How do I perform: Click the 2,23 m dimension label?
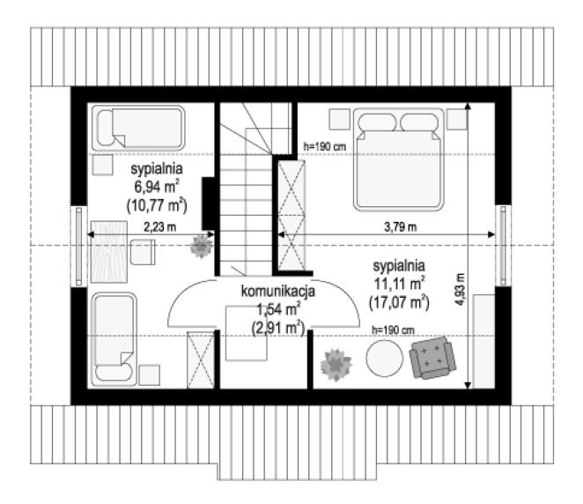(160, 226)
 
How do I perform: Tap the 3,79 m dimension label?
(400, 226)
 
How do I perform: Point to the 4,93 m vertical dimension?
(460, 289)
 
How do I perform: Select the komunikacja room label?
(278, 291)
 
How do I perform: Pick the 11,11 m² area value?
(399, 284)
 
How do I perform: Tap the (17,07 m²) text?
(399, 302)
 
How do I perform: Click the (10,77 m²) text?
(157, 205)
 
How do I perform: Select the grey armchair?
(432, 358)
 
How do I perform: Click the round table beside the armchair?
(385, 359)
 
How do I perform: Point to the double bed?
(399, 159)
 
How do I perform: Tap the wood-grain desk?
(109, 252)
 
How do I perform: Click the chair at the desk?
(143, 252)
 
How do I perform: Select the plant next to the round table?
(336, 365)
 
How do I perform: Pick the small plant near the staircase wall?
(201, 246)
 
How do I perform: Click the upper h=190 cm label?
(325, 146)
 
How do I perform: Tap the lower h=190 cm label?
(393, 330)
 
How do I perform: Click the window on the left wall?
(79, 246)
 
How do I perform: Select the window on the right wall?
(503, 246)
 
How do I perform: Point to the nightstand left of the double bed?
(339, 119)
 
